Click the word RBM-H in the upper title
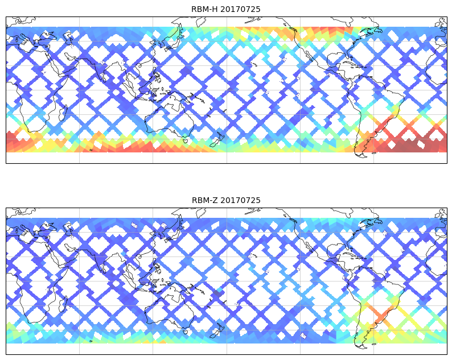pos(204,9)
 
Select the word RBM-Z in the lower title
pos(204,200)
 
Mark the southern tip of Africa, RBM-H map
pos(30,131)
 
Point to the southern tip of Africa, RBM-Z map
pos(30,322)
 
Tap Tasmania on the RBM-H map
pos(185,140)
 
